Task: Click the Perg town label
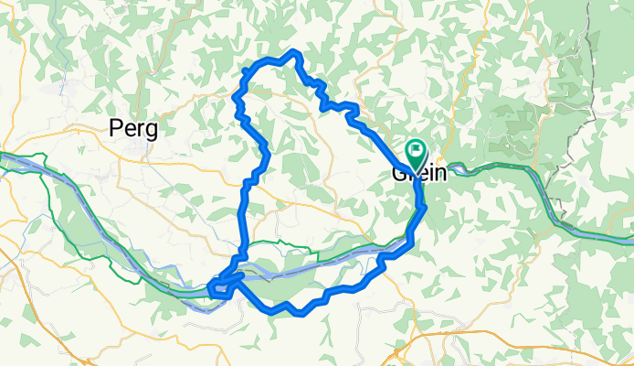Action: [132, 129]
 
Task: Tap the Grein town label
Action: [418, 172]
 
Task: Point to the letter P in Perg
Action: [116, 129]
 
